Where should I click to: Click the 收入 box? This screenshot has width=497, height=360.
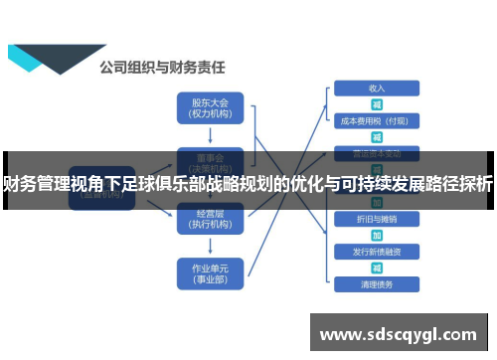[377, 88]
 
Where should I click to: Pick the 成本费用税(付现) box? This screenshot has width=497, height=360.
[377, 120]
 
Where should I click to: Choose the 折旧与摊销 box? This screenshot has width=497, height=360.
[377, 218]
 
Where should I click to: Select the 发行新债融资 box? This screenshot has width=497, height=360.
[377, 252]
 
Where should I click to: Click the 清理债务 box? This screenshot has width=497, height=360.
[377, 284]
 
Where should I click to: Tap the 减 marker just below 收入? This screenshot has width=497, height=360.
[377, 103]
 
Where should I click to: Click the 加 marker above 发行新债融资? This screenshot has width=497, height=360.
[377, 235]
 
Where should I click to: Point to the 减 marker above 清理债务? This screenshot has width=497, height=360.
[377, 269]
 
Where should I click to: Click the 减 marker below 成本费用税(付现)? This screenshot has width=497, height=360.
[377, 136]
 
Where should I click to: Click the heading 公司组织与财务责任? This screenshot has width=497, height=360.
[162, 69]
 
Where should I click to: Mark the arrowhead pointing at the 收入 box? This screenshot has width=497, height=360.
[329, 88]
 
